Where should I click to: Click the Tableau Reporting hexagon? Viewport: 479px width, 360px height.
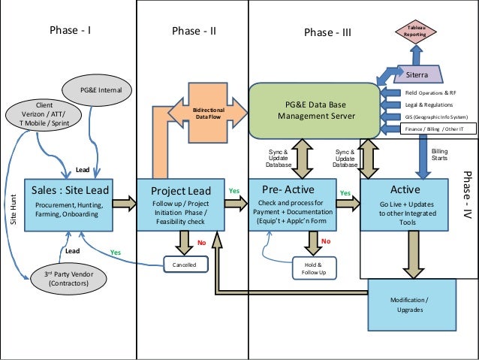414,31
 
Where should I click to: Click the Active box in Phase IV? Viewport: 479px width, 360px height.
406,203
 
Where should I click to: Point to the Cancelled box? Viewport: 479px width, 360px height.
185,264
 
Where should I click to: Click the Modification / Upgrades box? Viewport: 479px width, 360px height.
411,304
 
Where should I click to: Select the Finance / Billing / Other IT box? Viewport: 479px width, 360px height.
430,129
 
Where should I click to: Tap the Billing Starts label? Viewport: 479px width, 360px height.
440,155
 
